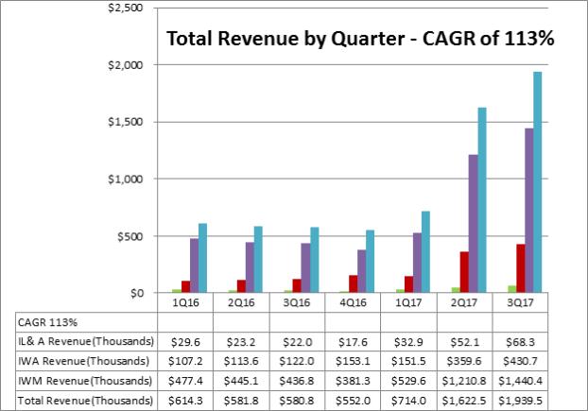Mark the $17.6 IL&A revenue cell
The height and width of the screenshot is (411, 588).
point(352,342)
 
